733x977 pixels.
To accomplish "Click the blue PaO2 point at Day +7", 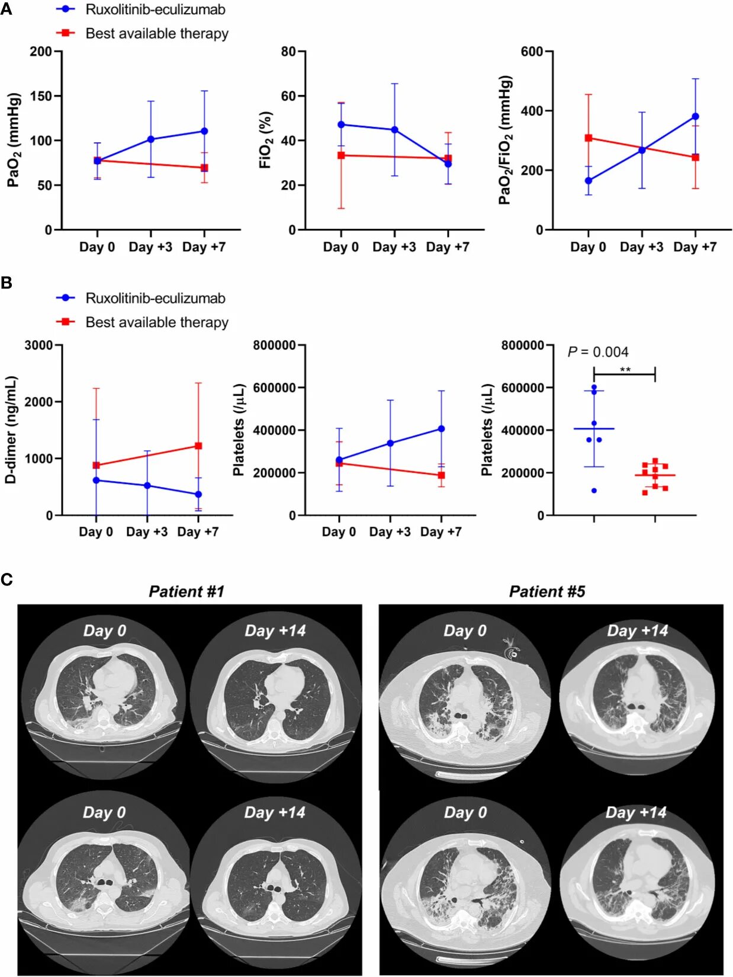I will pos(204,131).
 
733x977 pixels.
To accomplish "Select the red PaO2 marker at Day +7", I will pos(204,168).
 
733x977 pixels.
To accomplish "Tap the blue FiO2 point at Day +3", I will pos(394,130).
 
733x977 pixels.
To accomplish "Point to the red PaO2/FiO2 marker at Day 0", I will pos(589,138).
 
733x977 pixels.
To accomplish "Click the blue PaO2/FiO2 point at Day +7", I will pos(695,117).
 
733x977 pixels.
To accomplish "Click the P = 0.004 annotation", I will pos(597,352).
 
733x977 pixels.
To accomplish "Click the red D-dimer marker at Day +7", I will pos(198,446).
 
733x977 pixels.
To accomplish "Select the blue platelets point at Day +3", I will pos(390,443).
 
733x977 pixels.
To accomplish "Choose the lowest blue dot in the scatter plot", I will pos(594,491).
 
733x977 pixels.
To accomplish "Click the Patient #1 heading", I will pos(187,591).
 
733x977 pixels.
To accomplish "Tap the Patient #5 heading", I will pos(547,591).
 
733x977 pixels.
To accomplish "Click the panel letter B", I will pos(7,283).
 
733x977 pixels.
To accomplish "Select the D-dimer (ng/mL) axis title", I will pos(11,430).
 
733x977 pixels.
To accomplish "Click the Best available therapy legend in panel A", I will pos(156,34).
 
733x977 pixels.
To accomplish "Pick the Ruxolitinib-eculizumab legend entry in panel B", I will pos(155,298).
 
